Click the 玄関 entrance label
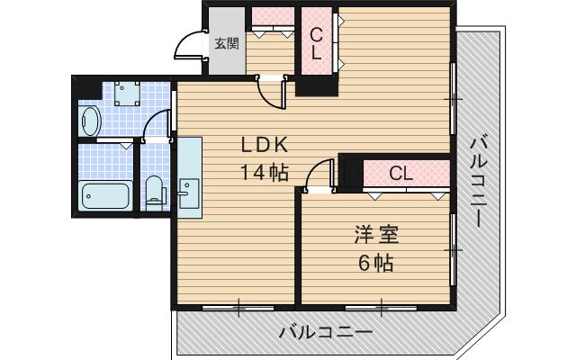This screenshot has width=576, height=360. click(x=226, y=41)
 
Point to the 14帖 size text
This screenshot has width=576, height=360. click(x=264, y=173)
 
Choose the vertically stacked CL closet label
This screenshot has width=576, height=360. click(x=316, y=43)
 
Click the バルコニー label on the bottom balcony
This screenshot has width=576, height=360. click(x=325, y=332)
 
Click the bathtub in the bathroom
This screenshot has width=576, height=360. click(x=104, y=194)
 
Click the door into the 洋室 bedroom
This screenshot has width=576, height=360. click(x=319, y=175)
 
